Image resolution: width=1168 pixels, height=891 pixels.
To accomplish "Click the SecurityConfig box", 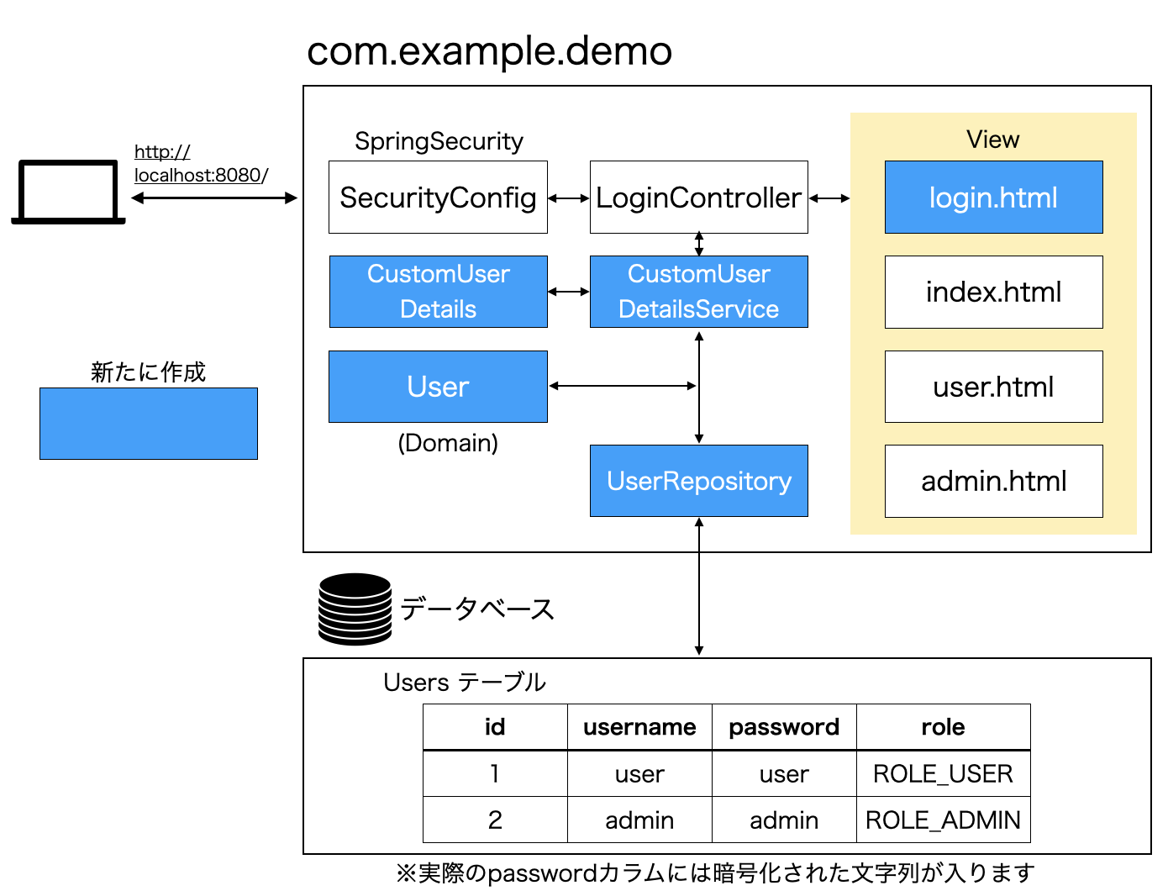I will click(438, 198).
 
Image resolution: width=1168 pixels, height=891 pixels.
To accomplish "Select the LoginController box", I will click(698, 198).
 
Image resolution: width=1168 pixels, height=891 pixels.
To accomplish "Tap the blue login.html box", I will click(993, 198).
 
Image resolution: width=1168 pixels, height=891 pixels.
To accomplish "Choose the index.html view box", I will click(993, 293).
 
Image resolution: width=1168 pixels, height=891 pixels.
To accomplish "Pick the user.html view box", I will click(993, 387).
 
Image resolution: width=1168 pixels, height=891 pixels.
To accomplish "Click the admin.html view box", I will click(993, 482).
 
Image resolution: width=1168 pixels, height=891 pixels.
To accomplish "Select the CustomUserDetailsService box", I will click(698, 292).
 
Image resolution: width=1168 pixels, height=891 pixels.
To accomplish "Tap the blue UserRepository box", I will click(698, 481).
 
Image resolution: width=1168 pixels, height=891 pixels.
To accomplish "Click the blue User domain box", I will click(438, 387).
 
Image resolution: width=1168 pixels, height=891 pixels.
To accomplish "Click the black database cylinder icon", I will click(355, 609).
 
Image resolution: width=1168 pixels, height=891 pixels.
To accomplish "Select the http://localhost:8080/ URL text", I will click(201, 164).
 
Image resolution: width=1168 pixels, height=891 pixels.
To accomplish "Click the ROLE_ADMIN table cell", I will click(943, 820).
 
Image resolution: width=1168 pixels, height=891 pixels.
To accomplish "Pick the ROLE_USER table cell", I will click(943, 773).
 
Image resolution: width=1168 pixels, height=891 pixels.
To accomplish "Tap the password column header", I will click(783, 727).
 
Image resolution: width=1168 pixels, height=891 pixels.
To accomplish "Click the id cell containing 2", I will click(495, 820).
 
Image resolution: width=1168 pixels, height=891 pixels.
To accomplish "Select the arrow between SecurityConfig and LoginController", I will click(569, 198).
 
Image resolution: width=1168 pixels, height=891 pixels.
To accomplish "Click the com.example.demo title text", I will click(489, 51).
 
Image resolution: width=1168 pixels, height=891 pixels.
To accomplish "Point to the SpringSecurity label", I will click(439, 141).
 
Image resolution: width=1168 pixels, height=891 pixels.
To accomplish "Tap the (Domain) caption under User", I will click(448, 443).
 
